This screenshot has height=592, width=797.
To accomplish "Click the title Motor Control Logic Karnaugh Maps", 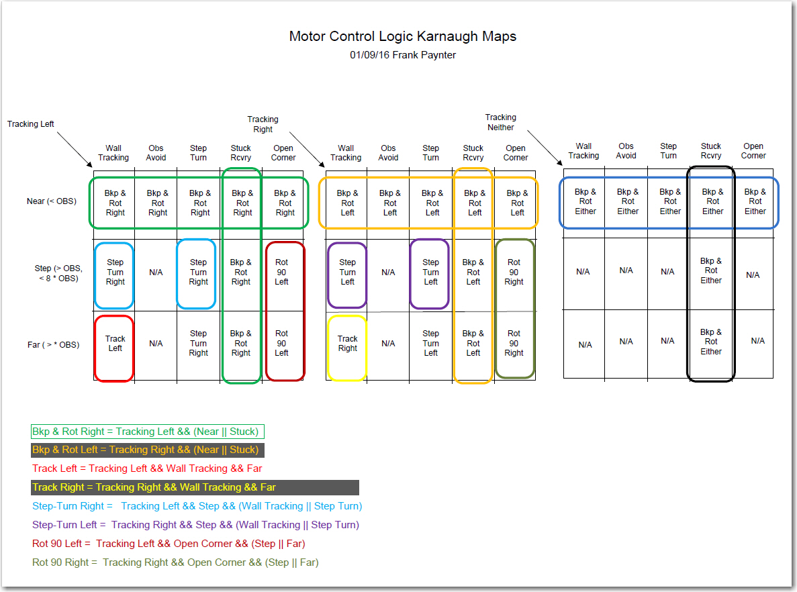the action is coord(403,37).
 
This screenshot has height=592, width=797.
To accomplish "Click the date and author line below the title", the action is coord(403,55).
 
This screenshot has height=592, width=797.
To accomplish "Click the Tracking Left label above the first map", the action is coord(30,124).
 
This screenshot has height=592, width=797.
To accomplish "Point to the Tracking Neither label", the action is coord(501,122).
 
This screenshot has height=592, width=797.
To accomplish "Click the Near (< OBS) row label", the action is coord(51,201).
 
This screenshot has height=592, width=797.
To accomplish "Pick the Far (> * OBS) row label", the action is coord(53,345).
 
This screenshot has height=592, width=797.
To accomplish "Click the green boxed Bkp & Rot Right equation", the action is coord(148,432).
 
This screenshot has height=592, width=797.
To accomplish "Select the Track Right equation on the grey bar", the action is coord(195,487).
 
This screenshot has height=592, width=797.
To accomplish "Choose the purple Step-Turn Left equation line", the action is coord(195,525).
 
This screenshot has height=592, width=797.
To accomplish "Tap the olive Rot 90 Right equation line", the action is coord(175,562).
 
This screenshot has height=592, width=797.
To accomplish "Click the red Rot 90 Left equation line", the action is coord(169,544).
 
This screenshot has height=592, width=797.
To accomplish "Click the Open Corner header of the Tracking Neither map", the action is coord(753,151).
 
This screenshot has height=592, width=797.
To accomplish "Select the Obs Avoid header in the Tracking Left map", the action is coord(156,153).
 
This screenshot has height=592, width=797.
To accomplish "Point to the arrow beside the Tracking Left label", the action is coord(75,150).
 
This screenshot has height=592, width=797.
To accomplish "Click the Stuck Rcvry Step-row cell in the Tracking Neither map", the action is coord(711,271).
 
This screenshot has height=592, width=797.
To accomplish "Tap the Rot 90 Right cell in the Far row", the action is coord(514,343).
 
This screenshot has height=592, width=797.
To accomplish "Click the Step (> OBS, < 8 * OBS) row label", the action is coord(58,273).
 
